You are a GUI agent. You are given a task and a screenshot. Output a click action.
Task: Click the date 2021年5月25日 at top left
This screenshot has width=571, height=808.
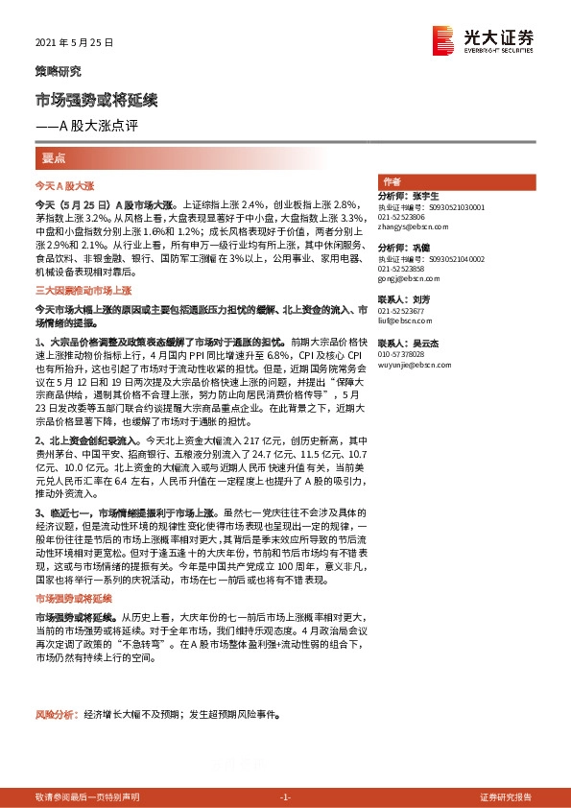click(x=74, y=43)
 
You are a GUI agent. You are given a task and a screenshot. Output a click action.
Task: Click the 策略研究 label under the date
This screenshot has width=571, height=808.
click(x=58, y=71)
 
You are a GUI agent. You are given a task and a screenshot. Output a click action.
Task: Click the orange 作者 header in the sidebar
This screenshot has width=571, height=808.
click(x=391, y=181)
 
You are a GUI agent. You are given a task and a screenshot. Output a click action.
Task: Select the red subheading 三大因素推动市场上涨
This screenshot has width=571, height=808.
click(x=83, y=288)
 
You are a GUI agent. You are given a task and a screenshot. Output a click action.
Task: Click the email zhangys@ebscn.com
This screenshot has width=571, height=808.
click(x=411, y=227)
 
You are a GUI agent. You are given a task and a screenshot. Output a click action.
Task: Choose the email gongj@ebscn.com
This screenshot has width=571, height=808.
click(x=404, y=279)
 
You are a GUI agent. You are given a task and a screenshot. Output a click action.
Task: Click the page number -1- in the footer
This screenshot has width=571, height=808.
click(x=285, y=796)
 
